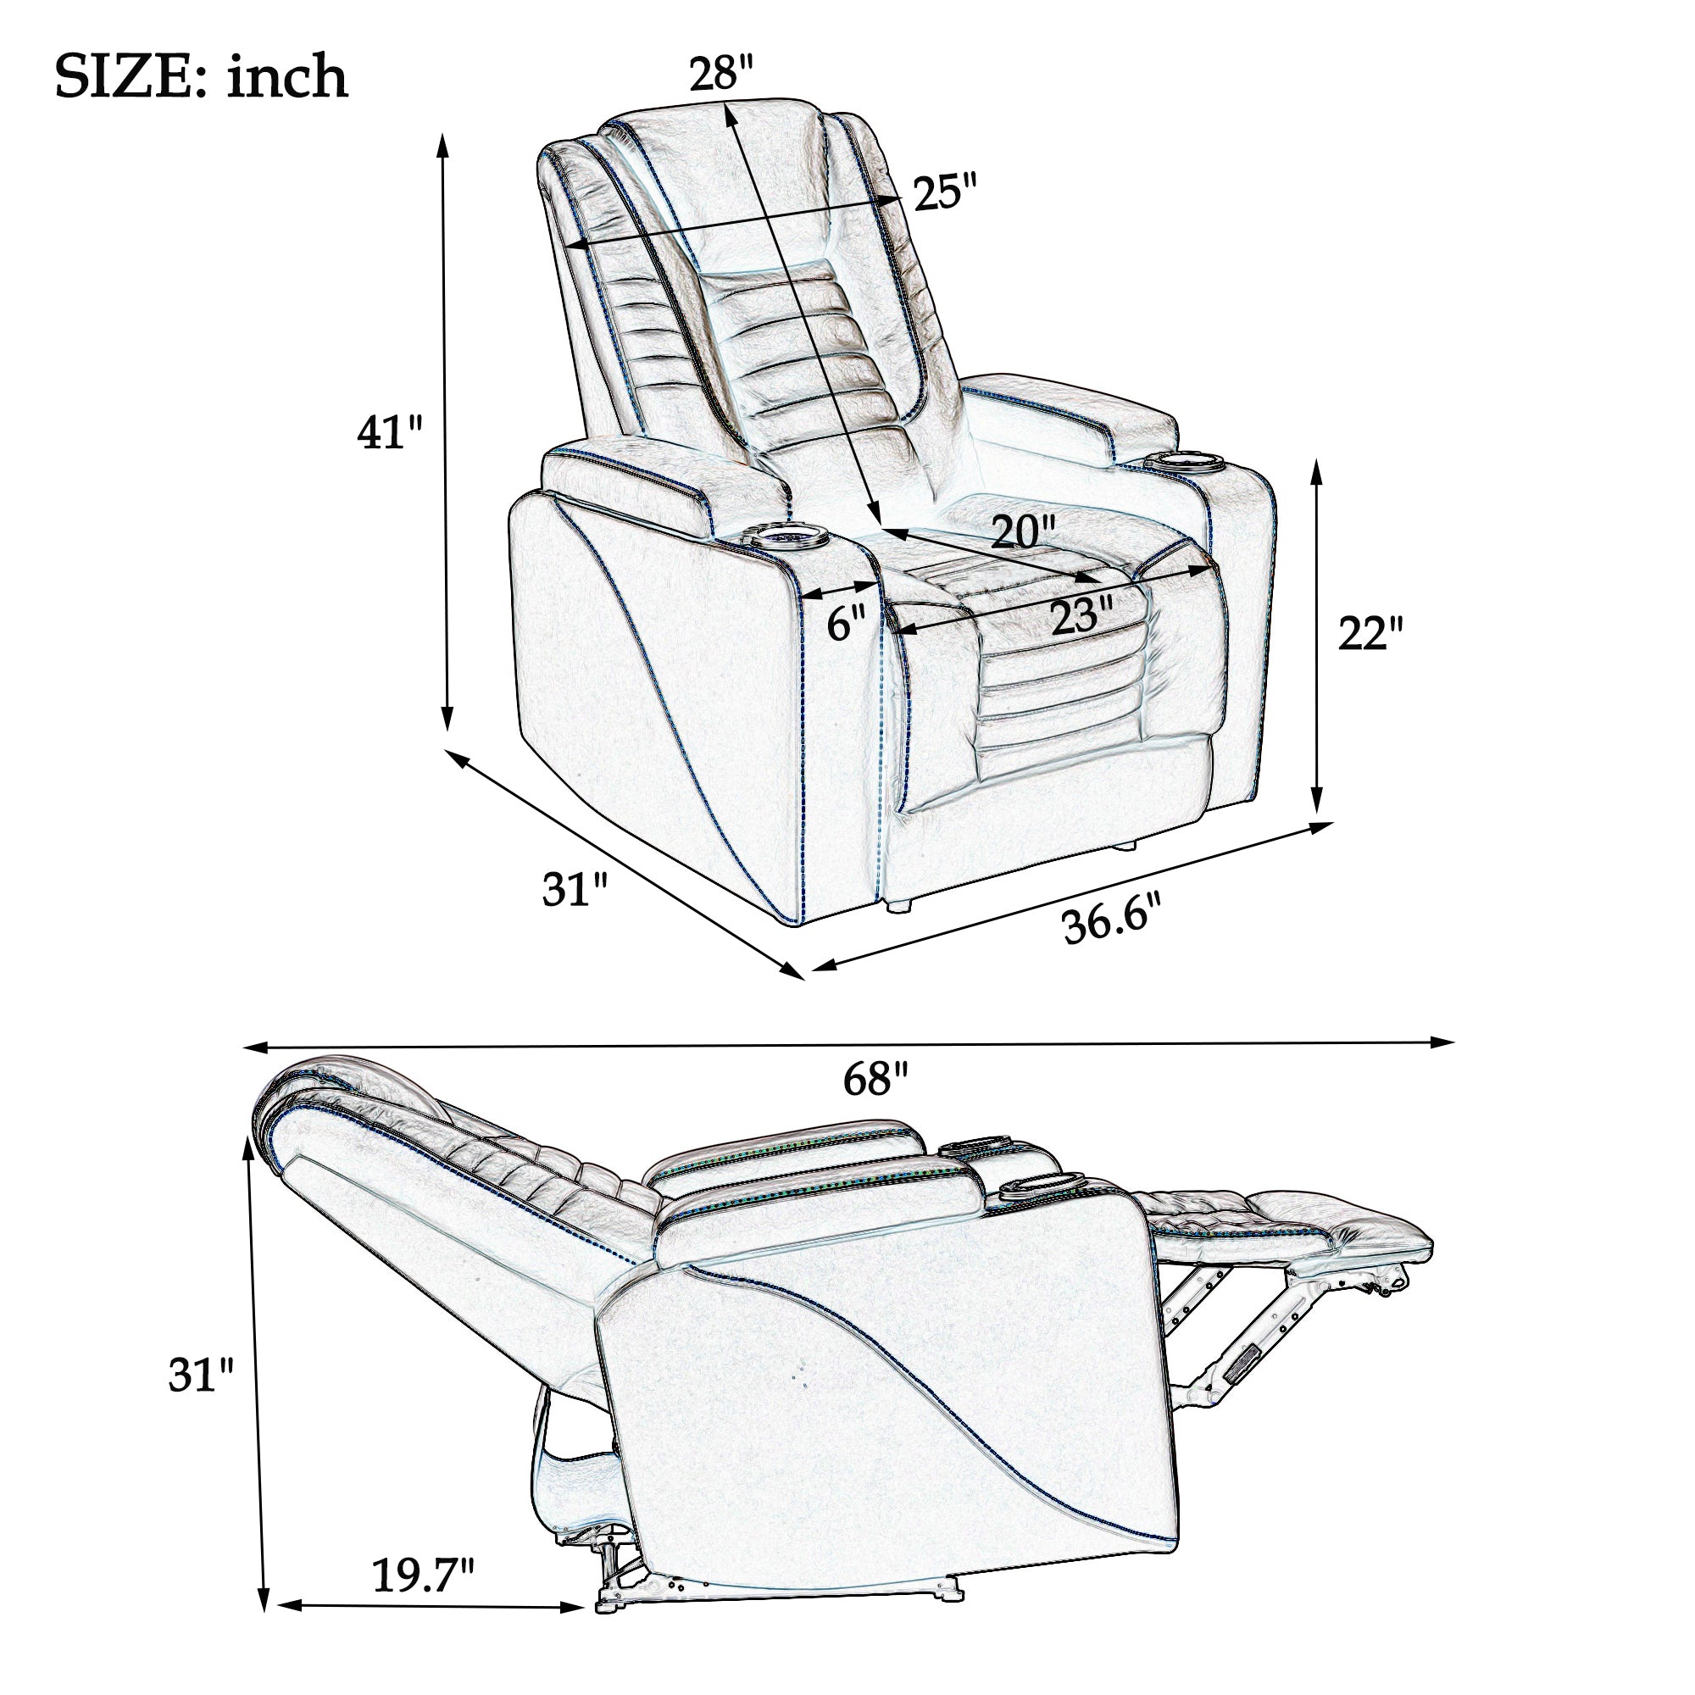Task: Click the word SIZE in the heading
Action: (x=131, y=77)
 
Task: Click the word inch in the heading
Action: (x=288, y=76)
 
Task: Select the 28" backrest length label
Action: (x=721, y=73)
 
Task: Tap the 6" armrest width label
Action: (x=847, y=623)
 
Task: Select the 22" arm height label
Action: (x=1371, y=632)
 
